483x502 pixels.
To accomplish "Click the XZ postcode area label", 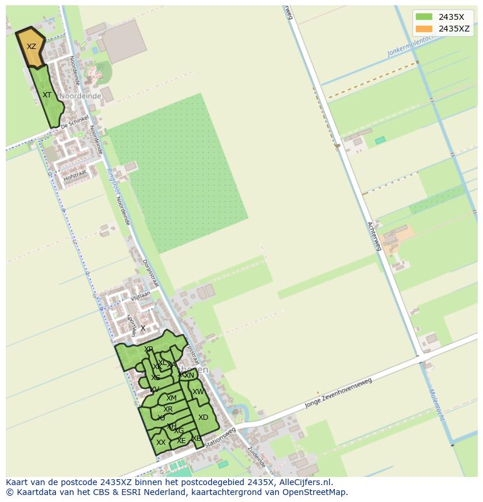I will point(32,47).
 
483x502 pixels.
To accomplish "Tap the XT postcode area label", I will point(47,94).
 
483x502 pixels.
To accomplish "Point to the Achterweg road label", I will point(374,236).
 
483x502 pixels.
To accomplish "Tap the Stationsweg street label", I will point(221,436).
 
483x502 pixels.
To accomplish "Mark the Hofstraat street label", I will point(75,174).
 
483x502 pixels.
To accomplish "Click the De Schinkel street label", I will point(74,122).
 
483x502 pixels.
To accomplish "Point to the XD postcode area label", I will point(203,417).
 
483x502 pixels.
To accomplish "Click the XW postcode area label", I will point(198,392).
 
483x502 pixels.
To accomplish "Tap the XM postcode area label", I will point(171,398).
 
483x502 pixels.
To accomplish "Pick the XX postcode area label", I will point(161,443).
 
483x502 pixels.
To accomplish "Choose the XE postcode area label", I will point(181,441).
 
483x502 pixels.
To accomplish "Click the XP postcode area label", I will point(149,349).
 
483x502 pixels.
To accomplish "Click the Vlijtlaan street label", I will point(140,297).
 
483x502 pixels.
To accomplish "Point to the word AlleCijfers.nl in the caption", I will point(304,482).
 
